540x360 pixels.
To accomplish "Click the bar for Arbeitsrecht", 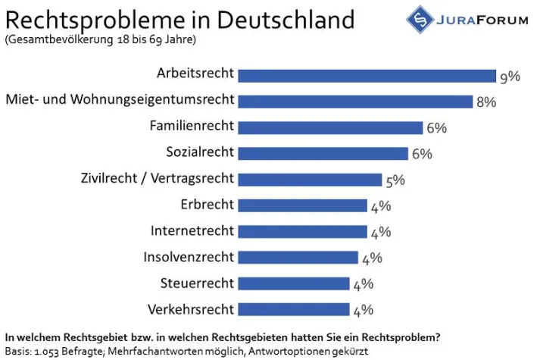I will pyautogui.click(x=367, y=74).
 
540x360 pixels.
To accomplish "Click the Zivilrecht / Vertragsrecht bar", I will pyautogui.click(x=310, y=180).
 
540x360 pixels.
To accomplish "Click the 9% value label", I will pyautogui.click(x=509, y=76).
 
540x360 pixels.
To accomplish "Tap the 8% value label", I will pyautogui.click(x=485, y=102).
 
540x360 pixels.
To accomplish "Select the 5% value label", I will pyautogui.click(x=395, y=180).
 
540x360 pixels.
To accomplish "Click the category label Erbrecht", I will pyautogui.click(x=208, y=205).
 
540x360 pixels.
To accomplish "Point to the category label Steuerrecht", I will pyautogui.click(x=197, y=283).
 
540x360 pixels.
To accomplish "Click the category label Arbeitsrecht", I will pyautogui.click(x=195, y=74).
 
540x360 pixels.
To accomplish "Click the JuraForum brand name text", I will pyautogui.click(x=485, y=20).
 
